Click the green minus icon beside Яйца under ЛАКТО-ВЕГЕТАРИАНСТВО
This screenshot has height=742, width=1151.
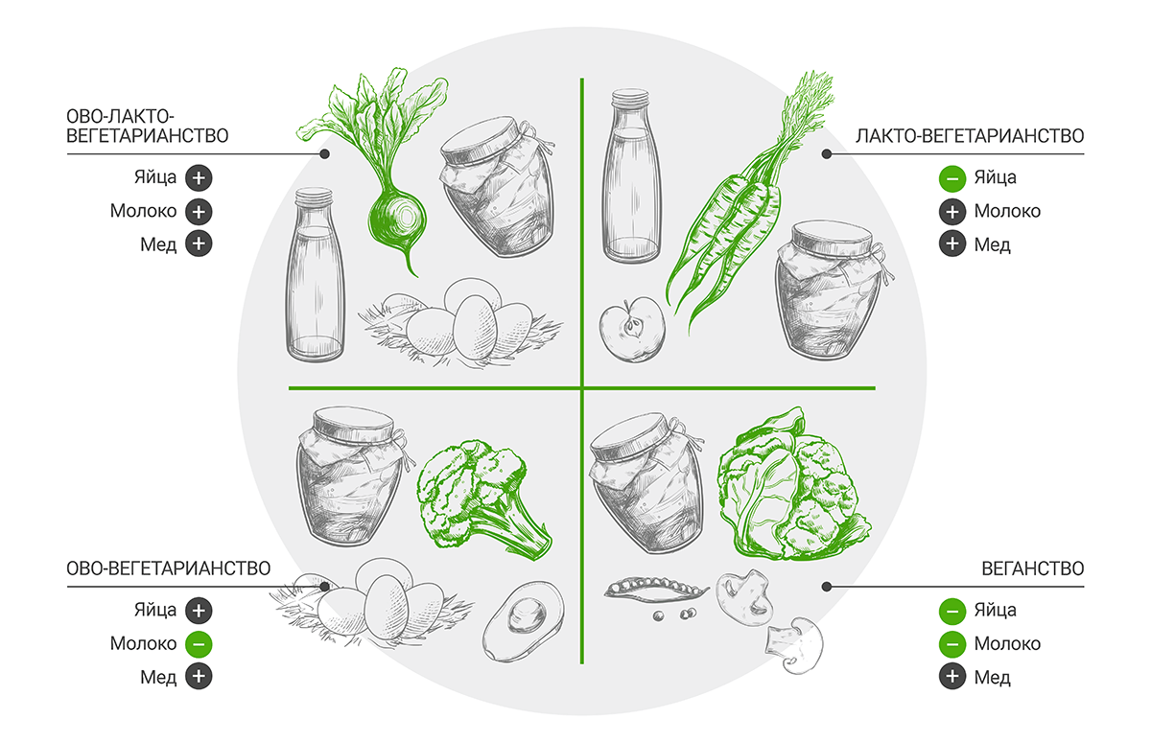[952, 178]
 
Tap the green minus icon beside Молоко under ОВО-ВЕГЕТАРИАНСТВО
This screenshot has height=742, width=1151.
[199, 644]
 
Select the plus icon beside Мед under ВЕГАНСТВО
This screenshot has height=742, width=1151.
[952, 676]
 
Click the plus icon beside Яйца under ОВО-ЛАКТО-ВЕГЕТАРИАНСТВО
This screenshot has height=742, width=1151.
[199, 178]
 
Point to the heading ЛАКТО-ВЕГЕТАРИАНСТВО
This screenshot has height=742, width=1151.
[970, 136]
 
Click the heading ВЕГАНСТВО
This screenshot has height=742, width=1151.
[1033, 568]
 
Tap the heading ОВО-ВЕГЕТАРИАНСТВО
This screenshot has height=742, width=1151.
[169, 568]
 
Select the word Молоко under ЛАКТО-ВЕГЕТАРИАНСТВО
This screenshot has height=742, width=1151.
[1007, 211]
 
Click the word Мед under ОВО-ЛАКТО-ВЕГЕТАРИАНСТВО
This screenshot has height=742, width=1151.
[158, 245]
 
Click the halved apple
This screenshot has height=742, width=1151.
[632, 330]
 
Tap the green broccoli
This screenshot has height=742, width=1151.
[482, 499]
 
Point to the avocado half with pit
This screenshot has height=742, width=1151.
[524, 621]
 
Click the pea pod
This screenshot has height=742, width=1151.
[656, 591]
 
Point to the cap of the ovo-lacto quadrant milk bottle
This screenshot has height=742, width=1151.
[314, 197]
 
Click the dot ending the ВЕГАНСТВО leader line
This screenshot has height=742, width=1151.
[826, 587]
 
